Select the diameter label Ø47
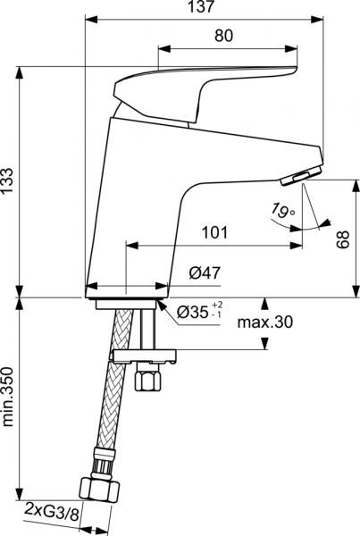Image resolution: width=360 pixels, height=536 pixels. (x=204, y=276)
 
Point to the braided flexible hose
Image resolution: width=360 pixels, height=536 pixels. (x=107, y=393)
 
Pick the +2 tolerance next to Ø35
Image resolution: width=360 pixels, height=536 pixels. (x=216, y=306)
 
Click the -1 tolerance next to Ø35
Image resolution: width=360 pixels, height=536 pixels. (x=216, y=318)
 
